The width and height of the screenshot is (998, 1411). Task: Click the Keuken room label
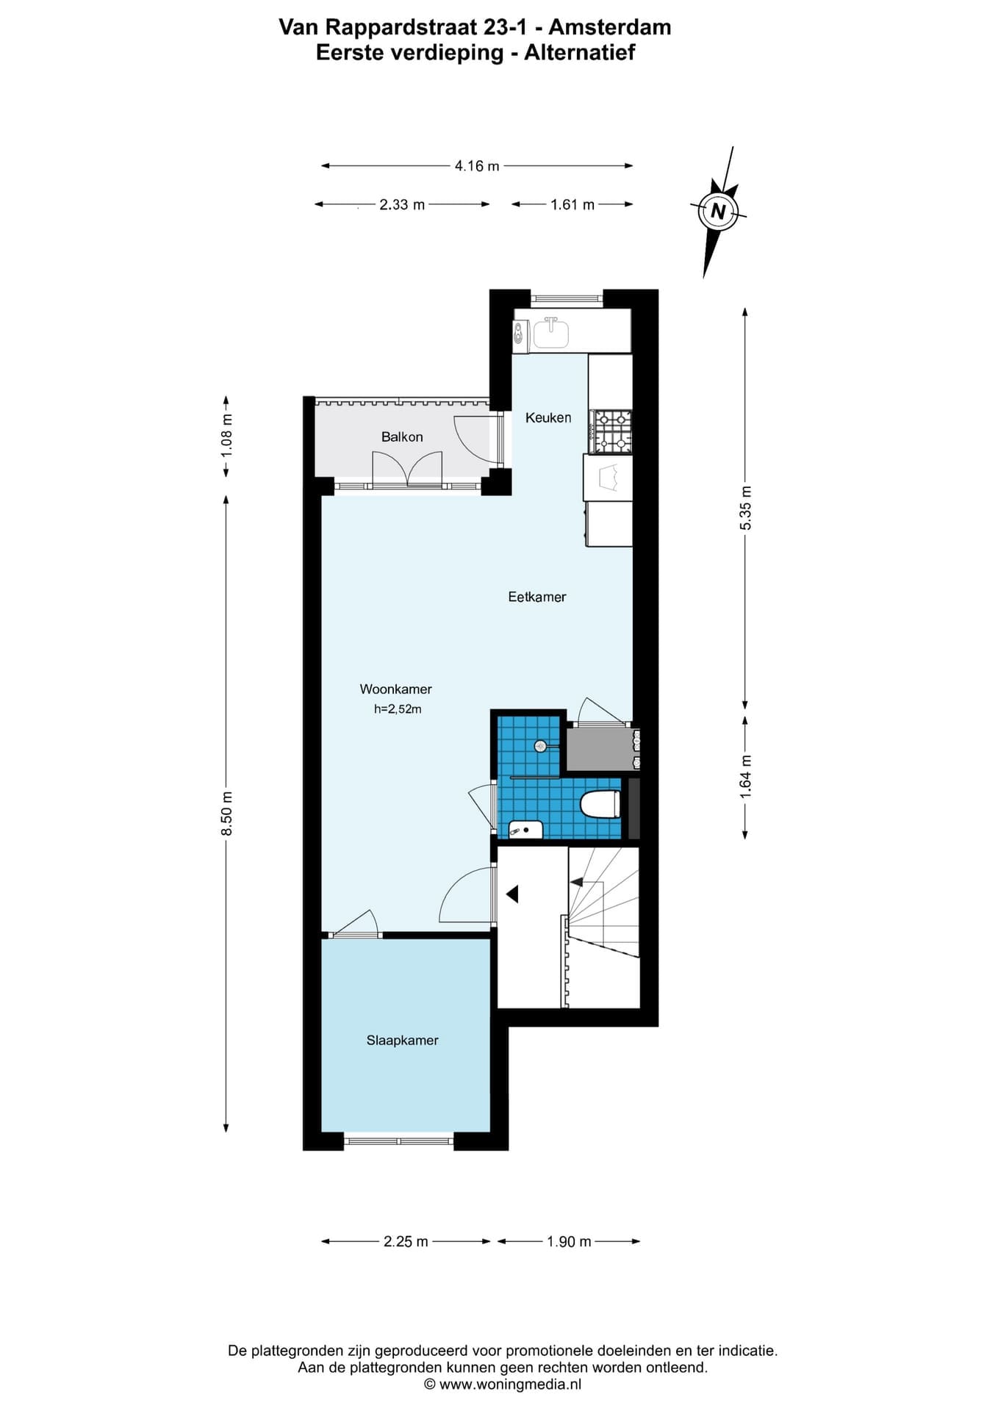click(548, 417)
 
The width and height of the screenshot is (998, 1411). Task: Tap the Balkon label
click(402, 437)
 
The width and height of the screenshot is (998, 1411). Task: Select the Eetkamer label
click(537, 597)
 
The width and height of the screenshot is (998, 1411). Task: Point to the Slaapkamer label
click(403, 1040)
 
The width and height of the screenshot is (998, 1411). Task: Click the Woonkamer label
click(395, 689)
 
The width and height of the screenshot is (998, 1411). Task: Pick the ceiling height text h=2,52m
click(398, 709)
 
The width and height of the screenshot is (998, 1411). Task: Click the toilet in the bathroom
click(600, 804)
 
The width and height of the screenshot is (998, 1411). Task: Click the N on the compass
click(718, 212)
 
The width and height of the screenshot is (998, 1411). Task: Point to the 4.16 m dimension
click(477, 166)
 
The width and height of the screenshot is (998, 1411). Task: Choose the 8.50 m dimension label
click(227, 813)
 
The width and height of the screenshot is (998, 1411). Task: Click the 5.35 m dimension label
click(746, 508)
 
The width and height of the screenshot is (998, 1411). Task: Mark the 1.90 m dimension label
click(569, 1241)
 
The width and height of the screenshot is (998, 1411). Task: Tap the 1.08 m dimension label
click(227, 436)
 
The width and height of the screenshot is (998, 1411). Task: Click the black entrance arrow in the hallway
click(512, 894)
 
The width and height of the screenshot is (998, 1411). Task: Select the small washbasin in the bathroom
click(525, 830)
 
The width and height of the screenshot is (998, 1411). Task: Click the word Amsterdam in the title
click(610, 27)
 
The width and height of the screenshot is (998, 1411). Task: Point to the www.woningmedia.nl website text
click(510, 1385)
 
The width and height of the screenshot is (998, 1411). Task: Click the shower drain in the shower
click(540, 746)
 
